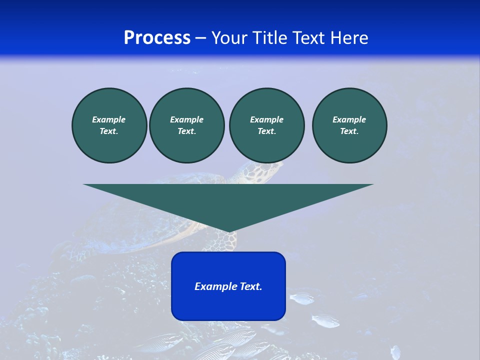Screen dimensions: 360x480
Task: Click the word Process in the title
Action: click(157, 38)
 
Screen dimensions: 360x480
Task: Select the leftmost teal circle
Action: click(109, 125)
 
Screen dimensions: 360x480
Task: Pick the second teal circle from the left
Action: click(186, 125)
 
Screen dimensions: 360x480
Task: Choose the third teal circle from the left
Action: click(266, 125)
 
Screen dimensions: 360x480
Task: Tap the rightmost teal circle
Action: click(349, 125)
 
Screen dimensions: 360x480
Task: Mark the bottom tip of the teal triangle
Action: click(228, 231)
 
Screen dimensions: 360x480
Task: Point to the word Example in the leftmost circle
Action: click(109, 119)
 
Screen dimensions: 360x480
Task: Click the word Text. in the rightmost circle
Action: click(349, 131)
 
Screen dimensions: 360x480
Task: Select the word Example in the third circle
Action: click(266, 119)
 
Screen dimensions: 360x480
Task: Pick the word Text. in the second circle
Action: click(186, 131)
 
